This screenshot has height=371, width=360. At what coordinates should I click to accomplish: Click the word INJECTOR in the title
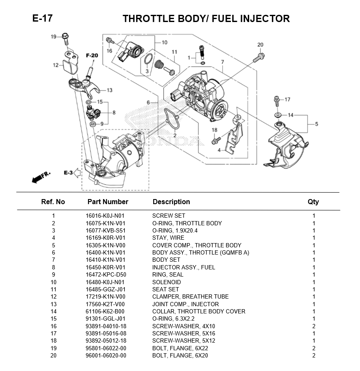265,19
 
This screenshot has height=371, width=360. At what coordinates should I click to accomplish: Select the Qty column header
313,202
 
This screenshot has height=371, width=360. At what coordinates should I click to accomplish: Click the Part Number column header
107,202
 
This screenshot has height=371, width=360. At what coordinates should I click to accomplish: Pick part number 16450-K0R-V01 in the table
105,267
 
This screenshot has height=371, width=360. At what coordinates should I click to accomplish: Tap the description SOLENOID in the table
166,282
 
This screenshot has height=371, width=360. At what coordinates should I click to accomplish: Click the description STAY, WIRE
168,238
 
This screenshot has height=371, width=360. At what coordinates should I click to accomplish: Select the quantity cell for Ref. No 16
313,326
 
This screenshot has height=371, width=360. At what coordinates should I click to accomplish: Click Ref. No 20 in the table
53,355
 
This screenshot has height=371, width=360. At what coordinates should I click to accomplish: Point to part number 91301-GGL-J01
105,318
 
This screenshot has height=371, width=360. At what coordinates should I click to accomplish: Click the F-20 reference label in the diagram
92,55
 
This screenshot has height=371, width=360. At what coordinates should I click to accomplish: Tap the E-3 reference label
68,172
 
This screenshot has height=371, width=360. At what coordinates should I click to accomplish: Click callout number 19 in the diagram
54,37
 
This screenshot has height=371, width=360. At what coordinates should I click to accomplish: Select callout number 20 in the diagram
260,44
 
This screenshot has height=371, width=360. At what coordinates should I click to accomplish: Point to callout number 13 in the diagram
110,90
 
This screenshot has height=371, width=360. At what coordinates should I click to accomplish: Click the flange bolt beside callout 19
65,39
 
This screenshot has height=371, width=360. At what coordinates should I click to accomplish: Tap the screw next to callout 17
277,101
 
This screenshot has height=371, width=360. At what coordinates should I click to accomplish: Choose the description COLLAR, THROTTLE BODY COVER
198,311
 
